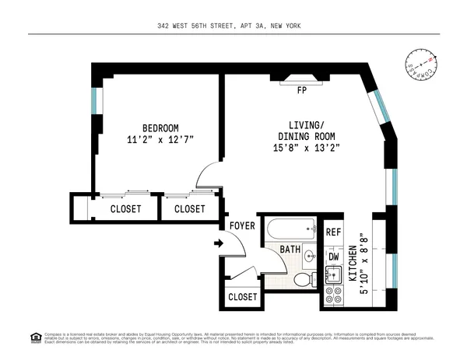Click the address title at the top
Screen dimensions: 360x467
pos(233,26)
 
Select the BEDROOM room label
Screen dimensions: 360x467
pos(160,128)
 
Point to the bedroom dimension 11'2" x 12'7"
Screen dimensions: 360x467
pos(160,140)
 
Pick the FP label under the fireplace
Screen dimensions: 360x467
pos(301,90)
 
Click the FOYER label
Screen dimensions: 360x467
pos(243,226)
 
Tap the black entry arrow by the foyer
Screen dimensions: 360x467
pos(219,244)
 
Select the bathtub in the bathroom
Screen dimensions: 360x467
pos(290,231)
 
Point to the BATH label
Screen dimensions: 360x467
pos(290,250)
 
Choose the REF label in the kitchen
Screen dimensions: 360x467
pos(333,232)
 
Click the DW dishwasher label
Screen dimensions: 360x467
pos(333,256)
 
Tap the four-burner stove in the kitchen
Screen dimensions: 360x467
pos(333,295)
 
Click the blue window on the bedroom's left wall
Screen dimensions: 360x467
pos(94,100)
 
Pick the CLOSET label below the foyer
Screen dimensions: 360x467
pos(243,297)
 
